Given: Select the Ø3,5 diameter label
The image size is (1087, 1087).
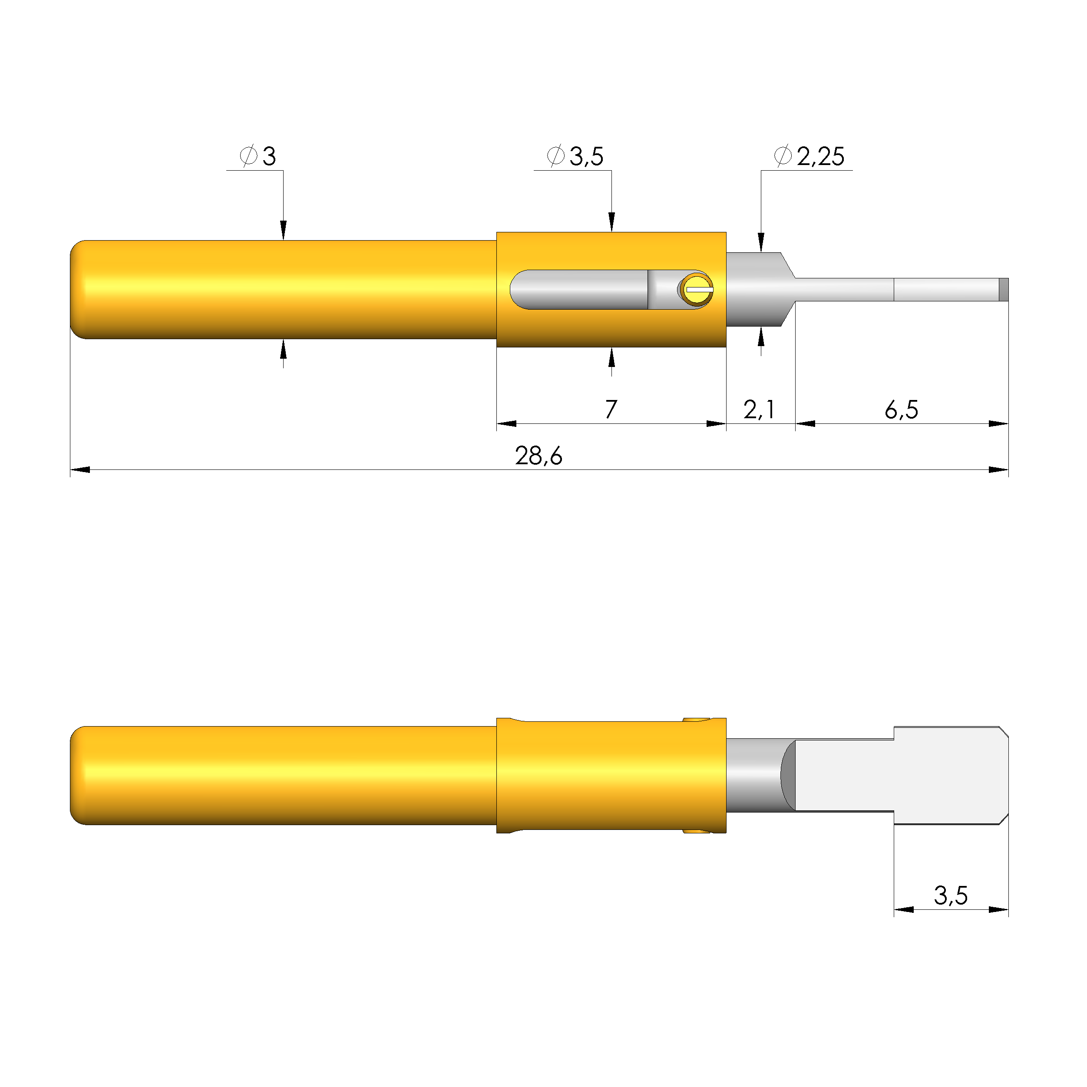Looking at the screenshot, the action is pos(575,156).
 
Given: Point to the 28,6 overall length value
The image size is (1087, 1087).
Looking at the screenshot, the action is pos(539,456).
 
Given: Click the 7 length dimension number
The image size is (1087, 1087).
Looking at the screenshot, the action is pos(611,409).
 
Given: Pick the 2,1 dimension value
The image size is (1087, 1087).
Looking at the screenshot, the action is pos(759,410).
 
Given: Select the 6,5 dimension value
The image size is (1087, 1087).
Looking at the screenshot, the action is pos(901,410).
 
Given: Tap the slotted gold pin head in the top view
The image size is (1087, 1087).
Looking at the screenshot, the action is pos(697,289).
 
